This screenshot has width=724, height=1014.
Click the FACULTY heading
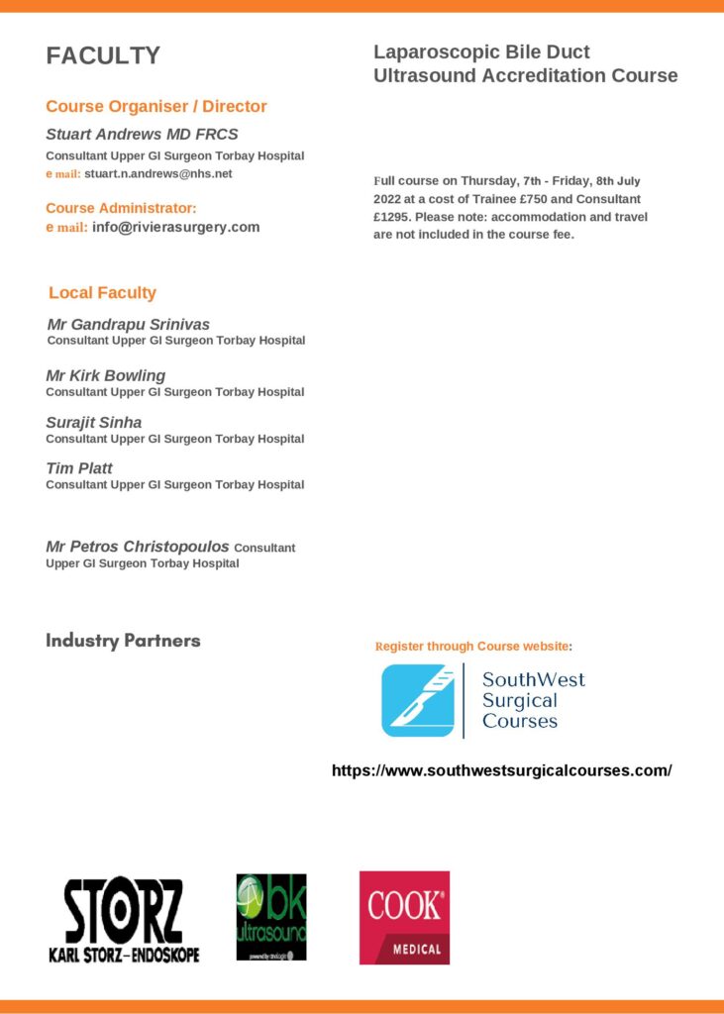pyautogui.click(x=103, y=56)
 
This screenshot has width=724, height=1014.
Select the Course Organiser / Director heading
pyautogui.click(x=156, y=107)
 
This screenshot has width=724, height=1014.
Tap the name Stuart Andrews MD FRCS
pyautogui.click(x=142, y=135)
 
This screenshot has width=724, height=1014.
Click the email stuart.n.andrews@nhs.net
pyautogui.click(x=158, y=173)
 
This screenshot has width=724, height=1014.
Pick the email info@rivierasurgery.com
pyautogui.click(x=176, y=227)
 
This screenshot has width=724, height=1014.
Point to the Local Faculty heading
pyautogui.click(x=102, y=293)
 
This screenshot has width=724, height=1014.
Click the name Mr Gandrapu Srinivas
pyautogui.click(x=129, y=325)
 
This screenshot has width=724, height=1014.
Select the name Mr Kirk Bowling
pyautogui.click(x=106, y=376)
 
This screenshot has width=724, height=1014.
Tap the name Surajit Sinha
pyautogui.click(x=94, y=423)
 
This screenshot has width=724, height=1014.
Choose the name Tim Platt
pyautogui.click(x=79, y=468)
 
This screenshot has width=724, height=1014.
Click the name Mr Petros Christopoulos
pyautogui.click(x=138, y=547)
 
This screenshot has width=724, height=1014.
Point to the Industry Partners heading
pyautogui.click(x=123, y=641)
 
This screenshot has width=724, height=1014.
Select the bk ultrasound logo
pyautogui.click(x=271, y=917)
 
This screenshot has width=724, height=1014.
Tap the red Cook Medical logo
pyautogui.click(x=404, y=917)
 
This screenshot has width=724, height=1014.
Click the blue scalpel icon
pyautogui.click(x=417, y=700)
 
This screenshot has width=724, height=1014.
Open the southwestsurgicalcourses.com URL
pyautogui.click(x=501, y=770)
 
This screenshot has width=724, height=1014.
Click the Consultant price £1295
pyautogui.click(x=391, y=217)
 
